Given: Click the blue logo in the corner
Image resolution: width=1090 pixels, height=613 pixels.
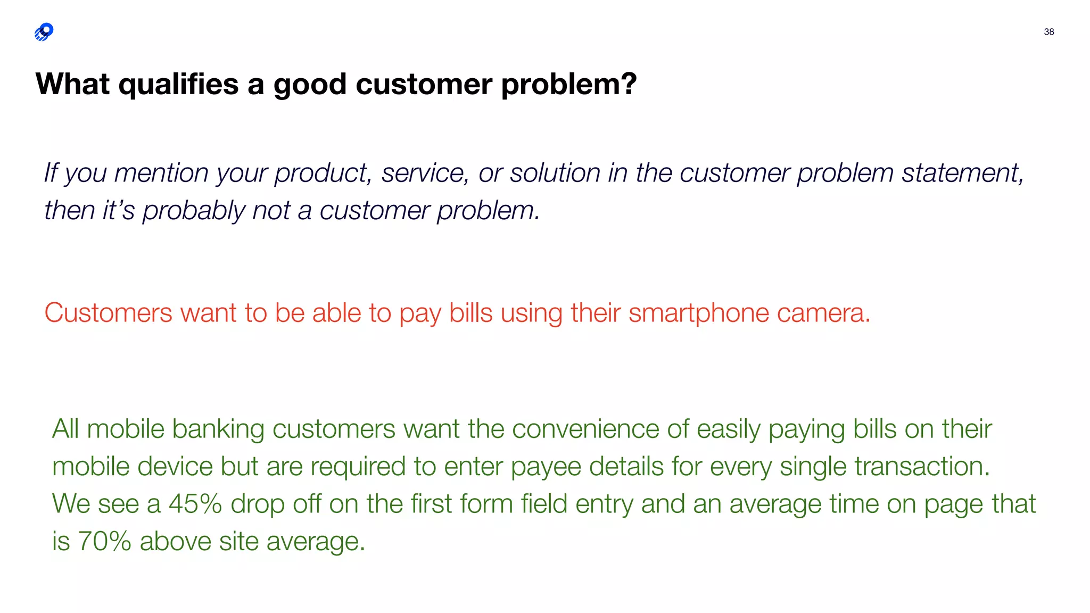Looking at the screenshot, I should coord(44,32).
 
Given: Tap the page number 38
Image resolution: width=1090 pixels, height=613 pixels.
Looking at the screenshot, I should coord(1048,32).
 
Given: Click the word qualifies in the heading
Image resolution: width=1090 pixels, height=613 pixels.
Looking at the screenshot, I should coord(178,85).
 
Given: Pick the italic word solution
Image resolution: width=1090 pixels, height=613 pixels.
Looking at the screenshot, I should coord(555,173).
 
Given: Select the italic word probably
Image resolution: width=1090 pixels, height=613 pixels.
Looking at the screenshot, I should coord(193,211).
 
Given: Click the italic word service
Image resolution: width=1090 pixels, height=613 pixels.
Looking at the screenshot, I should coord(425,173).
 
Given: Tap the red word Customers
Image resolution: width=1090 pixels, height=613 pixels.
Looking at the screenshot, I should coord(108,313).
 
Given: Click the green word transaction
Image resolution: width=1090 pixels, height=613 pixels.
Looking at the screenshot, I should coord(922,467).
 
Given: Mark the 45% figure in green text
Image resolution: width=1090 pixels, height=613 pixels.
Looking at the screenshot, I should coord(195,504).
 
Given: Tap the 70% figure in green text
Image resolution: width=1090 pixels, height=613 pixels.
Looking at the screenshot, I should coord(104,542).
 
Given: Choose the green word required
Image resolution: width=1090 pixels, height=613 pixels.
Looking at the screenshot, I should coord(358,467).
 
